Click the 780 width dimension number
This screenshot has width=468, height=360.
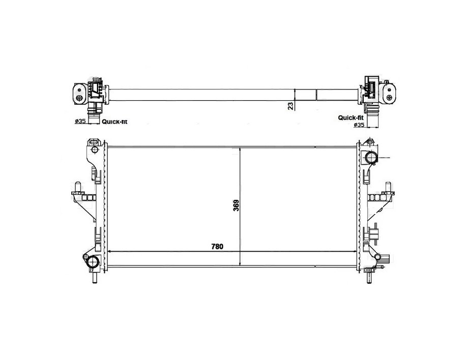[x=217, y=247]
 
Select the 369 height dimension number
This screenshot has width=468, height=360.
[x=236, y=205]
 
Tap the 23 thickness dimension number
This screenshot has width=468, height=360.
[x=290, y=106]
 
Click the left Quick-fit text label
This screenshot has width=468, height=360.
[x=114, y=122]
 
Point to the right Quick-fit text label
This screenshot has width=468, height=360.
[x=350, y=117]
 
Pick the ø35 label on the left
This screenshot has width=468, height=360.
[x=80, y=121]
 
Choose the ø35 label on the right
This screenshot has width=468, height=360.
[x=359, y=125]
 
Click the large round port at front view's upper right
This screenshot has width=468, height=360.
[x=371, y=158]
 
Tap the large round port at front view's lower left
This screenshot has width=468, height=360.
[x=93, y=262]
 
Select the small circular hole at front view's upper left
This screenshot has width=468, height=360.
[x=94, y=149]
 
